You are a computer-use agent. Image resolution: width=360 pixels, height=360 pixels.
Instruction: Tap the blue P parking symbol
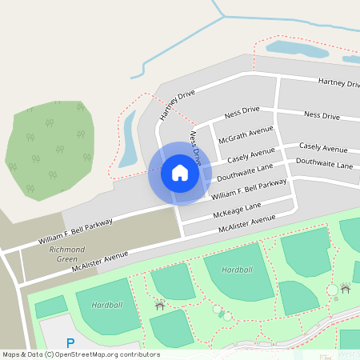tap(70, 343)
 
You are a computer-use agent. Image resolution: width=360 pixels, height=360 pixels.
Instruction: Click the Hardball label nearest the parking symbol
tap(107, 305)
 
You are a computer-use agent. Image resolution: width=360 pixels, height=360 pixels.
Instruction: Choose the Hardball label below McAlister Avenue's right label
tap(237, 270)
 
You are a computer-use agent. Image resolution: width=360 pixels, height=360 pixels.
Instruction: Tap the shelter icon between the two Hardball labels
tap(159, 304)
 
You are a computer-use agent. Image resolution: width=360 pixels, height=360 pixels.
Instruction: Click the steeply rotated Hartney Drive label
tap(177, 103)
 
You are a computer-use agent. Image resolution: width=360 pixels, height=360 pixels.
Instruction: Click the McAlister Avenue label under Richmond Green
tap(99, 262)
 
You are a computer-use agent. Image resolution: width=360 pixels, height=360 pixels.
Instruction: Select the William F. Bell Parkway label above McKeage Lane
tap(249, 189)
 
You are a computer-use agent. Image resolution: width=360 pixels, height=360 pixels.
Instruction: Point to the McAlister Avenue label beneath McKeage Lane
tap(252, 224)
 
